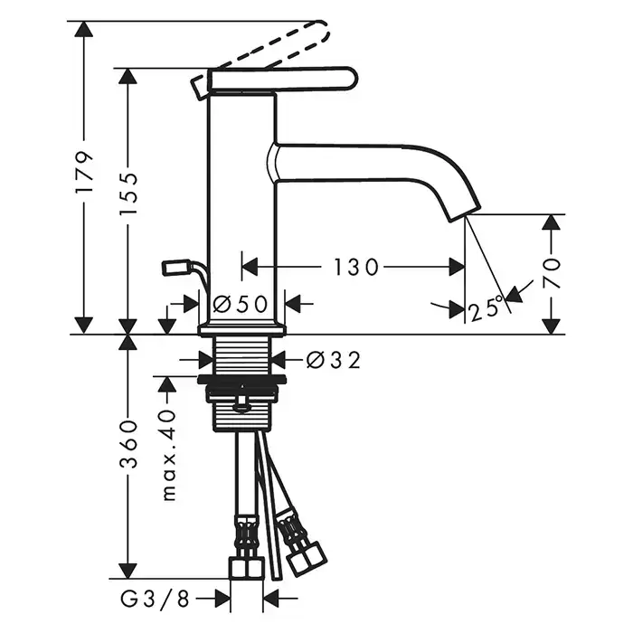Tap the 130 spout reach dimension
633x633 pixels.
[356, 268]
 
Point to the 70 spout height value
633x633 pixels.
[552, 272]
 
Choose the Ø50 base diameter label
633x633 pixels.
[240, 304]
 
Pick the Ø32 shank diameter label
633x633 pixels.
[334, 360]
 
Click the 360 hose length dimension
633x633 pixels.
[128, 445]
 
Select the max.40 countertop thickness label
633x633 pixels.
[169, 456]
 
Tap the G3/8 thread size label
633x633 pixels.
[155, 600]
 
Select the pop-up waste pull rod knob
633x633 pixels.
[173, 268]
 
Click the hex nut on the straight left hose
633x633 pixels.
[247, 568]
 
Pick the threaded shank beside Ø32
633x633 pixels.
[241, 355]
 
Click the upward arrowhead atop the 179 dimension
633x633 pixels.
[84, 29]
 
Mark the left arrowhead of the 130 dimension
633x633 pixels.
[250, 268]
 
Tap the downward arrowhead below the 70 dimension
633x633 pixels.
[552, 326]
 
